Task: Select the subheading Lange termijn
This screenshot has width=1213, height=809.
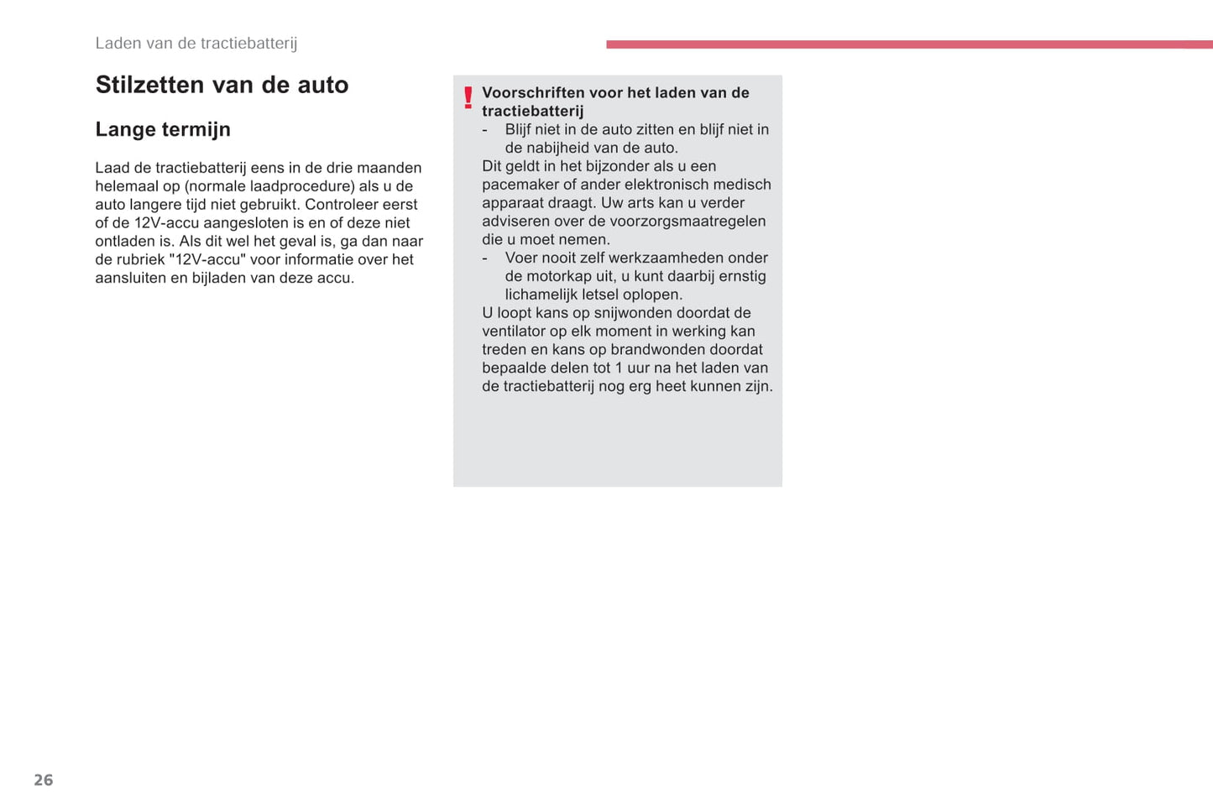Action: pyautogui.click(x=163, y=129)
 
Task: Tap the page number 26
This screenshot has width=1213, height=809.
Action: pyautogui.click(x=44, y=780)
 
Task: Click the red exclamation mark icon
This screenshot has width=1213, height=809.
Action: pyautogui.click(x=468, y=98)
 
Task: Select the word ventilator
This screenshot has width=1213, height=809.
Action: pyautogui.click(x=514, y=331)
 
